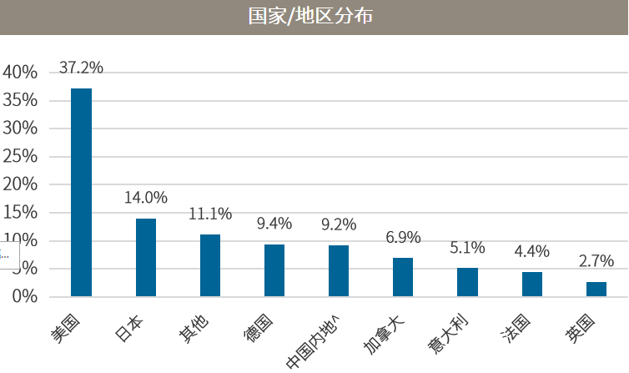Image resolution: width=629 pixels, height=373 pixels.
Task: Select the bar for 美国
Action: tap(81, 192)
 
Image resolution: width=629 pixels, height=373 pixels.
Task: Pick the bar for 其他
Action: tap(210, 265)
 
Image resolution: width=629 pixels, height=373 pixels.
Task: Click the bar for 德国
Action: tap(274, 270)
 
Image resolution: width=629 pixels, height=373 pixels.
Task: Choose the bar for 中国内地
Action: tap(339, 270)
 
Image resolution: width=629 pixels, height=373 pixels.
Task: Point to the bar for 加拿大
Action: tap(403, 277)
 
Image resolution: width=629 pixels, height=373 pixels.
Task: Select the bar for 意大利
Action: tap(467, 282)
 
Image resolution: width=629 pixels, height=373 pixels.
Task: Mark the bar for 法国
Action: tap(532, 284)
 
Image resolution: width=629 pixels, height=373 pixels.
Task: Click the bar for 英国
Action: tap(596, 289)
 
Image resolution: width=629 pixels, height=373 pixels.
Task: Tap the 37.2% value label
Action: tap(81, 68)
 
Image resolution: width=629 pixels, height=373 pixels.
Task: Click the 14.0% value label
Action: tap(146, 198)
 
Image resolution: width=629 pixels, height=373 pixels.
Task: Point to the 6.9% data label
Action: tap(403, 238)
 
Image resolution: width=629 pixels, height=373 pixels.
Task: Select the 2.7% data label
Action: tap(596, 261)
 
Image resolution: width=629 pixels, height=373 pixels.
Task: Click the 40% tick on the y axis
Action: tap(20, 73)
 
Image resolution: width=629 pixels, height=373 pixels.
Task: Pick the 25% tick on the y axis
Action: tap(20, 157)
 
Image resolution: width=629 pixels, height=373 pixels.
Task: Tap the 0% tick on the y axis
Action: tap(24, 297)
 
